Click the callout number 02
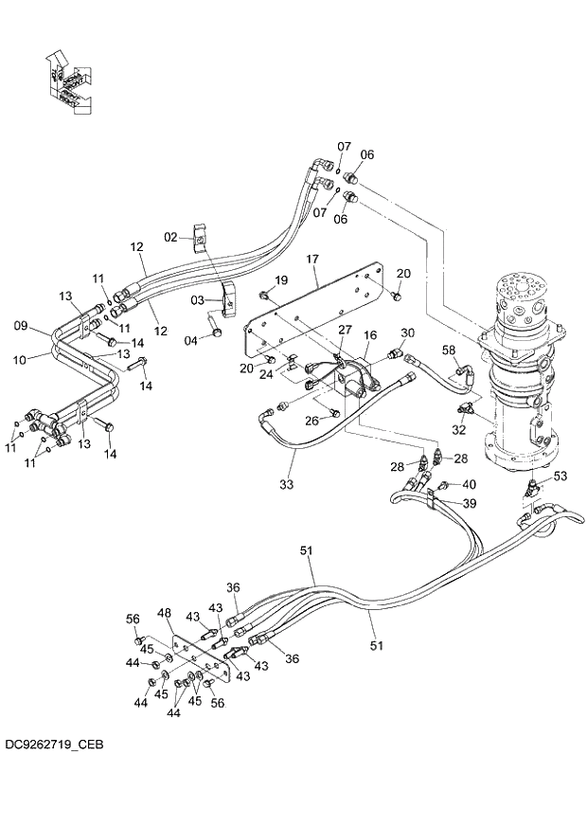tap(171, 236)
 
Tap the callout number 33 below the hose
tap(286, 484)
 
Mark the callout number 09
tap(20, 327)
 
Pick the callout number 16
tap(370, 335)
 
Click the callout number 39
tap(470, 502)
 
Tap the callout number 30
tap(408, 333)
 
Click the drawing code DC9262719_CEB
tap(53, 746)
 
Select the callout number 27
tap(346, 329)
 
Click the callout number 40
tap(470, 485)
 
